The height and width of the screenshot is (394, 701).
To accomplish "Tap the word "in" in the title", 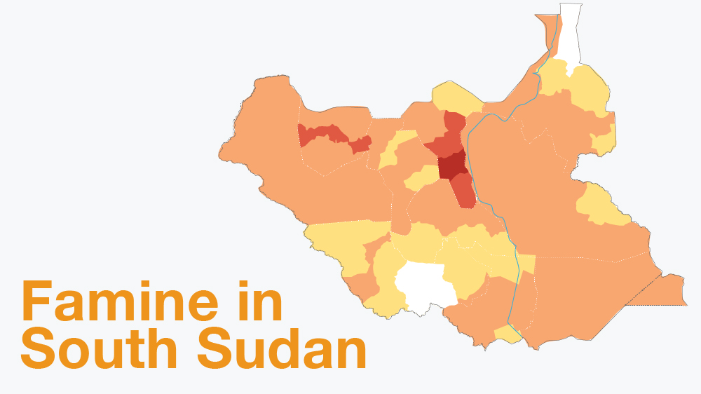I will pyautogui.click(x=257, y=302).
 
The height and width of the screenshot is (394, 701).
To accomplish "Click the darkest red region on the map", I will pyautogui.click(x=450, y=165).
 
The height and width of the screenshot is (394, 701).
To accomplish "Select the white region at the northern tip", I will pyautogui.click(x=569, y=35).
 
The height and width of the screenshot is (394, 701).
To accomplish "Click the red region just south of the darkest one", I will pyautogui.click(x=463, y=191).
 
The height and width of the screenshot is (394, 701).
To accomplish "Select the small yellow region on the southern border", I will pyautogui.click(x=507, y=334).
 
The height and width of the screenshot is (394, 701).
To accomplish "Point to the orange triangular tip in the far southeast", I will pyautogui.click(x=666, y=291).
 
